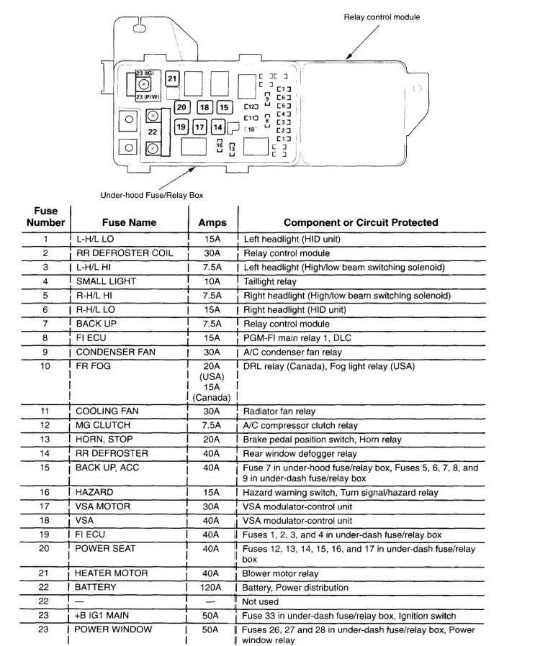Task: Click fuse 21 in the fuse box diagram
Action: click(173, 78)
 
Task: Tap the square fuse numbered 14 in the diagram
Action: click(218, 128)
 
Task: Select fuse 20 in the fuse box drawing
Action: click(181, 107)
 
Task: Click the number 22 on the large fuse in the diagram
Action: click(153, 132)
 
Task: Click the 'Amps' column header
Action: click(212, 222)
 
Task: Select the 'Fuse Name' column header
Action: click(129, 222)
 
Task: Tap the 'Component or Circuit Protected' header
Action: click(360, 222)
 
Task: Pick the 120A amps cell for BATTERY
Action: click(212, 588)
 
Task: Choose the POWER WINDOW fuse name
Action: click(113, 629)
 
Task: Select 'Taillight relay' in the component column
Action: click(271, 281)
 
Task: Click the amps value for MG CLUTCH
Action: click(212, 425)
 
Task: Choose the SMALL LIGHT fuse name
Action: click(106, 281)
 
